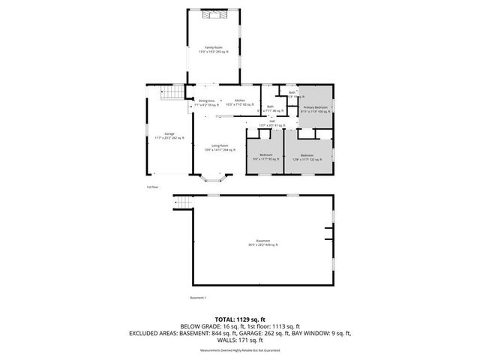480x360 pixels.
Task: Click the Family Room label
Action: pyautogui.click(x=213, y=49)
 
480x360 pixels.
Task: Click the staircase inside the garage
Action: pyautogui.click(x=175, y=92)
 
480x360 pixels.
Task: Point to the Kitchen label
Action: pyautogui.click(x=239, y=103)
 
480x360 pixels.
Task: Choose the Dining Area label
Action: pyautogui.click(x=207, y=103)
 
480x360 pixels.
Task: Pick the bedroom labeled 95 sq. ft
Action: pyautogui.click(x=265, y=157)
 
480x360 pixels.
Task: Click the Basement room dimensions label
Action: pyautogui.click(x=262, y=243)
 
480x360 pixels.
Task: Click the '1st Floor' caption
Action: pyautogui.click(x=153, y=187)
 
